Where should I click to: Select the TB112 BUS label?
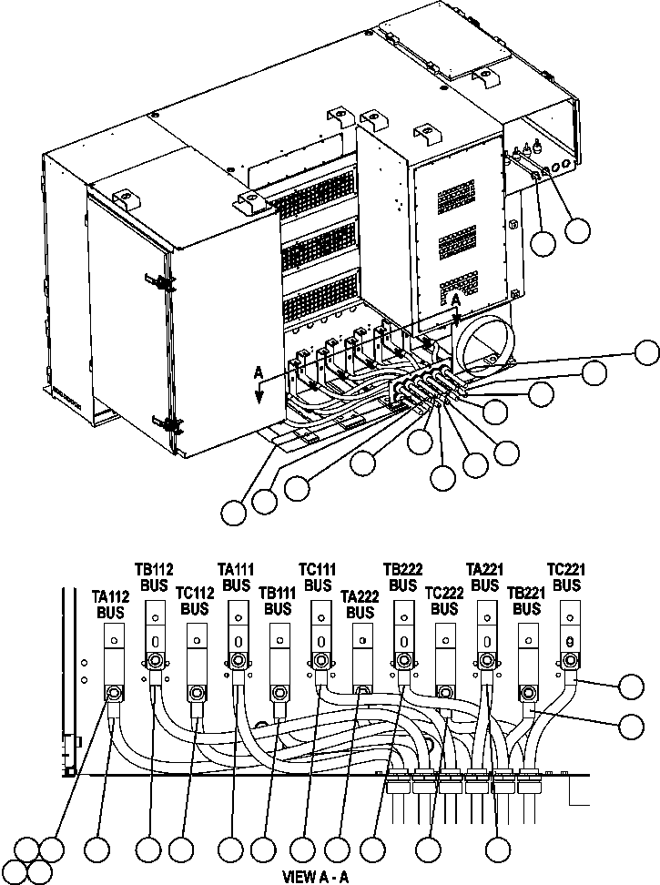coord(156,579)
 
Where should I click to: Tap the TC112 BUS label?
coord(194,601)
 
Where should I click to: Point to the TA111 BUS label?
coord(236,575)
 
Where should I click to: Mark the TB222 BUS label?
coord(401,576)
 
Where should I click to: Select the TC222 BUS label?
coord(443,601)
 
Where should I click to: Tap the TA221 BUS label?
coord(485,576)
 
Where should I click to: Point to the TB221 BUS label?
coord(525,601)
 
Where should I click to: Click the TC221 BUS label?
coord(567,576)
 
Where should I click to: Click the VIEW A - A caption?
coord(311,878)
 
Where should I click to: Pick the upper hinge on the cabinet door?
coord(165,281)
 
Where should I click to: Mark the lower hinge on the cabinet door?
coord(169,424)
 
